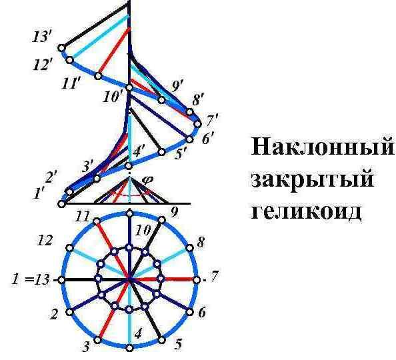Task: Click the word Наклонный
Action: tap(323, 146)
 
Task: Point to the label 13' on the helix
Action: tap(42, 37)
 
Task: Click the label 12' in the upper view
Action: tap(42, 65)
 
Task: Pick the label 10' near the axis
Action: tap(113, 97)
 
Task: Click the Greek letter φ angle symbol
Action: tap(146, 180)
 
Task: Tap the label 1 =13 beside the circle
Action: tap(30, 280)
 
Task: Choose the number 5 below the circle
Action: tap(178, 344)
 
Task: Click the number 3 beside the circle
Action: tap(86, 347)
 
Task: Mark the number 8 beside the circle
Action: tap(200, 242)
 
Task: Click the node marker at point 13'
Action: tap(61, 48)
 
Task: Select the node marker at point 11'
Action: tap(98, 75)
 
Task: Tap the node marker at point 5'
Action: tap(161, 152)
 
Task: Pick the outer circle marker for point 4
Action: tap(129, 348)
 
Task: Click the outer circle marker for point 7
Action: tap(197, 280)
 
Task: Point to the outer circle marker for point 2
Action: tap(70, 312)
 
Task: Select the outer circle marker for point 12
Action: tap(70, 247)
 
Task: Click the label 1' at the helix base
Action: tap(39, 194)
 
